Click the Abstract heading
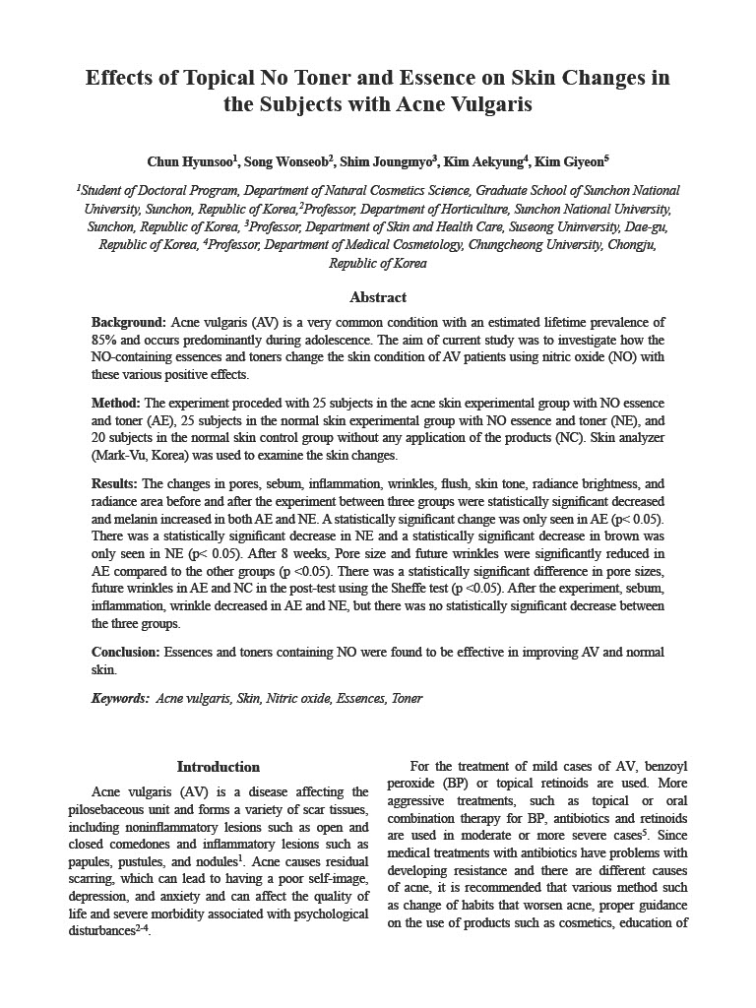[x=378, y=297]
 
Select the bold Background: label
[x=129, y=322]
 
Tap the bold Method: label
[x=116, y=404]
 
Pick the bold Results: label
[x=115, y=484]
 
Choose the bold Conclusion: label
[x=126, y=653]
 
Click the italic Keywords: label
[x=120, y=699]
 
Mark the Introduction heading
[x=219, y=767]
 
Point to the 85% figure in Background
[x=105, y=340]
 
